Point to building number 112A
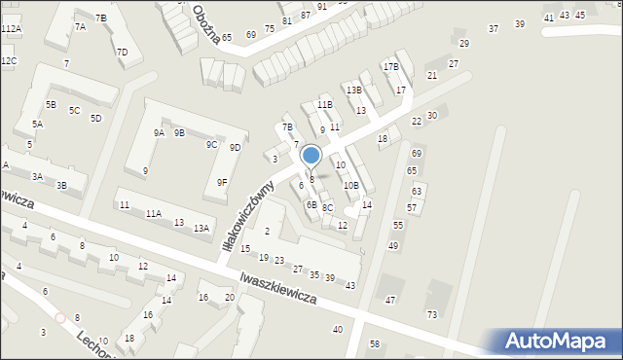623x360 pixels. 11,30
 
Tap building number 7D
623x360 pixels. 122,52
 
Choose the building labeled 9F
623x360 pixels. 222,182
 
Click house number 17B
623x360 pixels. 390,67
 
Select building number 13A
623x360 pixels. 202,228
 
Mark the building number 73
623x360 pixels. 431,314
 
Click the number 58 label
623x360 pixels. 375,344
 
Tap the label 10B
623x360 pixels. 350,185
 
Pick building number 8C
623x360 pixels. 328,207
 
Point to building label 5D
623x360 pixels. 95,119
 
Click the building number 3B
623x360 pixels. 61,185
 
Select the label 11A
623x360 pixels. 153,213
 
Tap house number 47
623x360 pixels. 390,300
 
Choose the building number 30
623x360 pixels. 432,116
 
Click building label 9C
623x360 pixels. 210,144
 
